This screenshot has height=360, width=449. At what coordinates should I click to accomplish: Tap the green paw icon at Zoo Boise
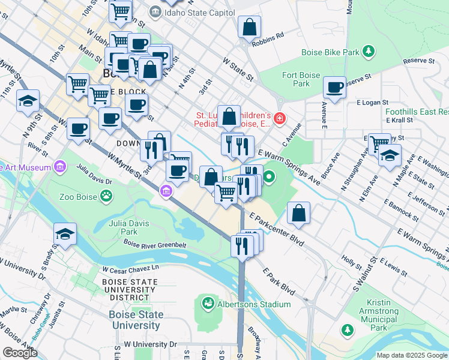point(106,196)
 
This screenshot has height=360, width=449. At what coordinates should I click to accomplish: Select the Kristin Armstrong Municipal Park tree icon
point(347,329)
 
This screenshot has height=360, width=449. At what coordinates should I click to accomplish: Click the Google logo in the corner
point(20,353)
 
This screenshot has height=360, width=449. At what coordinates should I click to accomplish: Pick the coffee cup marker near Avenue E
point(334,88)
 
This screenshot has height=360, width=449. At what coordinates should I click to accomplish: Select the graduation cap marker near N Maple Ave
point(390,155)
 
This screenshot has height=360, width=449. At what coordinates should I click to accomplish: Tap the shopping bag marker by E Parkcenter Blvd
point(298,213)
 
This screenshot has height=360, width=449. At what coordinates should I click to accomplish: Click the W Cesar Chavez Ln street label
point(131,269)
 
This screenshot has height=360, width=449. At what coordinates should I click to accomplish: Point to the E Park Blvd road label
point(279,280)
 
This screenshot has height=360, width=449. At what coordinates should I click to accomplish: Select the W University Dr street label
point(150,345)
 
